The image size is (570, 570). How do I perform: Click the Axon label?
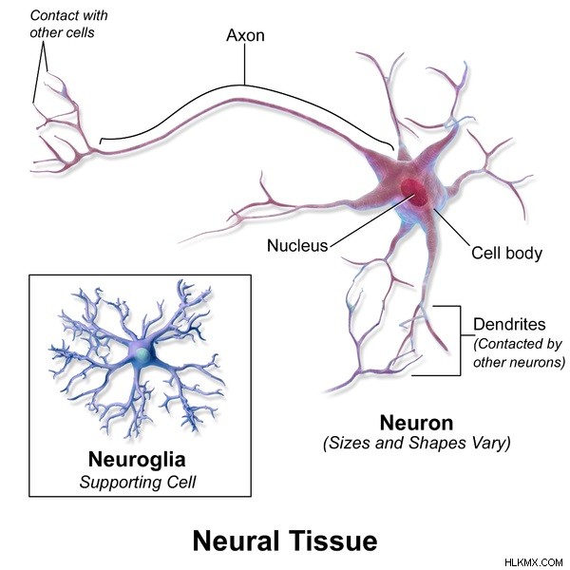coord(245,35)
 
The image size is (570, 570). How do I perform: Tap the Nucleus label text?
coord(297,246)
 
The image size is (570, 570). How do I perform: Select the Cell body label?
coord(506,253)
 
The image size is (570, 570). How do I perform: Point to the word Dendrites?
coord(509,324)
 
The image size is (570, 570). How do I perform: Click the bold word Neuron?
coord(417,423)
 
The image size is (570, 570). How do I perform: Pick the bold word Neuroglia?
coord(137,460)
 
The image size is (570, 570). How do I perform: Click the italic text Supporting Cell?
coord(138,483)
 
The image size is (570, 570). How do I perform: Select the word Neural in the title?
coord(236,541)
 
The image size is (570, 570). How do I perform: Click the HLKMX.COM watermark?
coord(534,562)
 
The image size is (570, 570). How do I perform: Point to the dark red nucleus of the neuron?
coord(414,193)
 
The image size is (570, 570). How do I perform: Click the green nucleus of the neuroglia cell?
coord(141,355)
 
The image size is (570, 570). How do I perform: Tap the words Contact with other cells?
coord(68,24)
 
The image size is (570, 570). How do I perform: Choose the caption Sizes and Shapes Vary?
coord(417,443)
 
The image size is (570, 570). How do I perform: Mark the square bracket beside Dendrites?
coord(460,340)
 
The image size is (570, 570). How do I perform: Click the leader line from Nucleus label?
coord(371,220)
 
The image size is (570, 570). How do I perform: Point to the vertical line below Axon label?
coord(245,65)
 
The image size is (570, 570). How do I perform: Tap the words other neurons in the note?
coord(519,363)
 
